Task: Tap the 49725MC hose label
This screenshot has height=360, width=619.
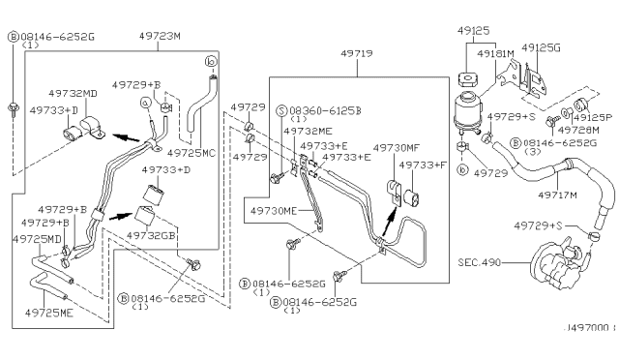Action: click(x=193, y=153)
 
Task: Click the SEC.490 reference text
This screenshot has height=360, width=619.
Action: click(x=481, y=262)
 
